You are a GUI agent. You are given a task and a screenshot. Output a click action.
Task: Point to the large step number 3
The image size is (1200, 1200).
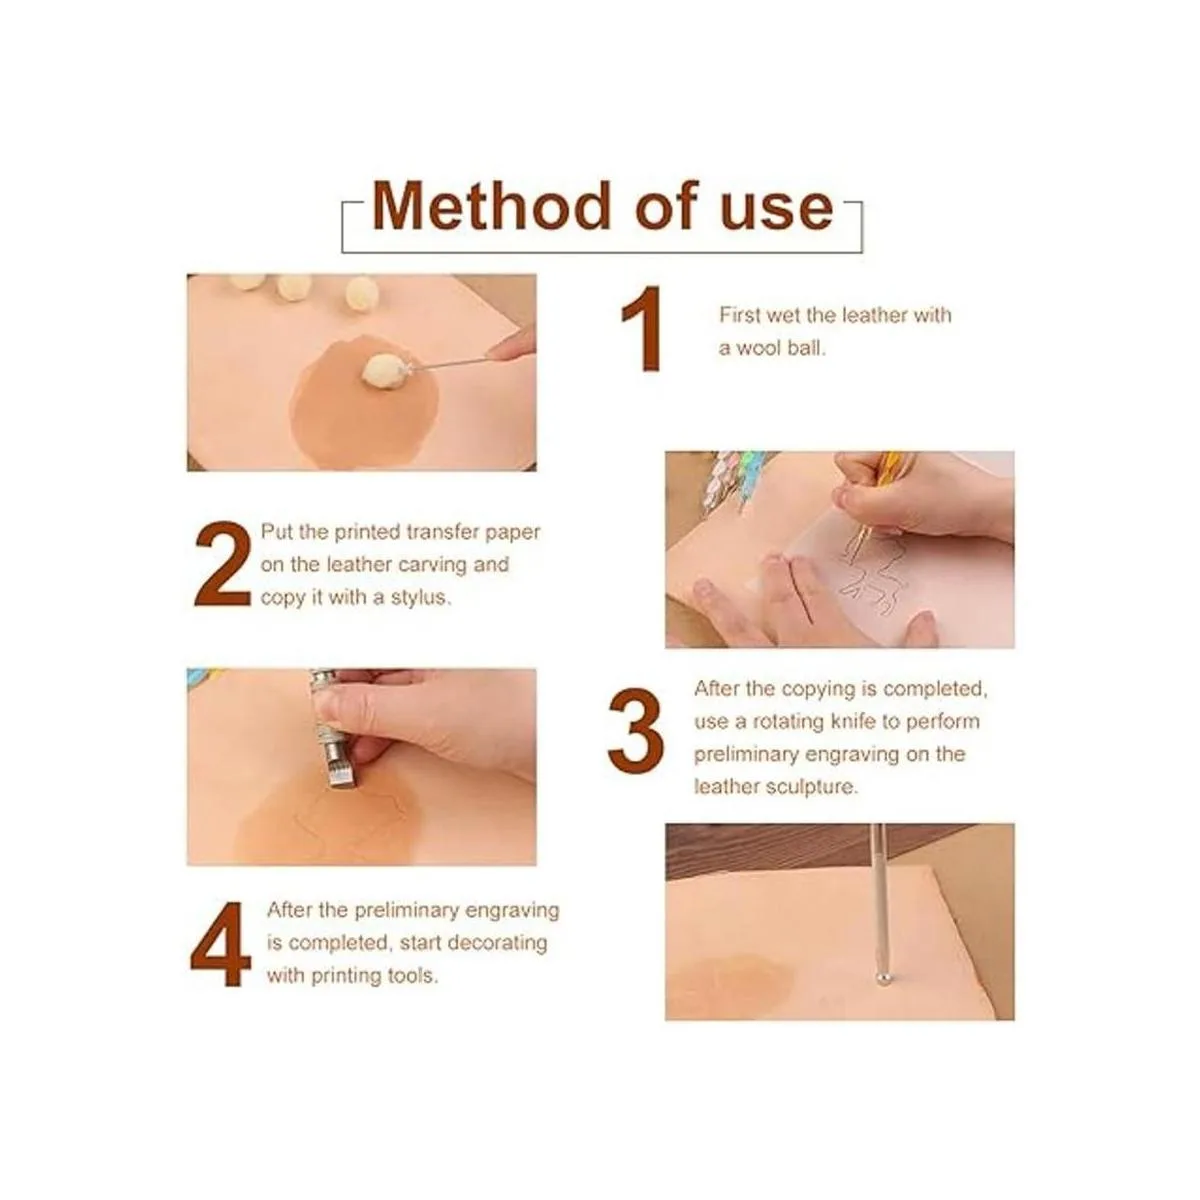point(636,731)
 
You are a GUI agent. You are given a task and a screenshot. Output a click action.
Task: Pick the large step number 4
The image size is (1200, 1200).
point(220,943)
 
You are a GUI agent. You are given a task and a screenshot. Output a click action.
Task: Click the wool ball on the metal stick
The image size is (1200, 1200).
point(384,372)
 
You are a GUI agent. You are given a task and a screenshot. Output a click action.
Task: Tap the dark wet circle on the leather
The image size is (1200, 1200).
point(364,404)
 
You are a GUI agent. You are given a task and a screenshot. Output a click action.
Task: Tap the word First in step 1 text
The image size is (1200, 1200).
point(740,315)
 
